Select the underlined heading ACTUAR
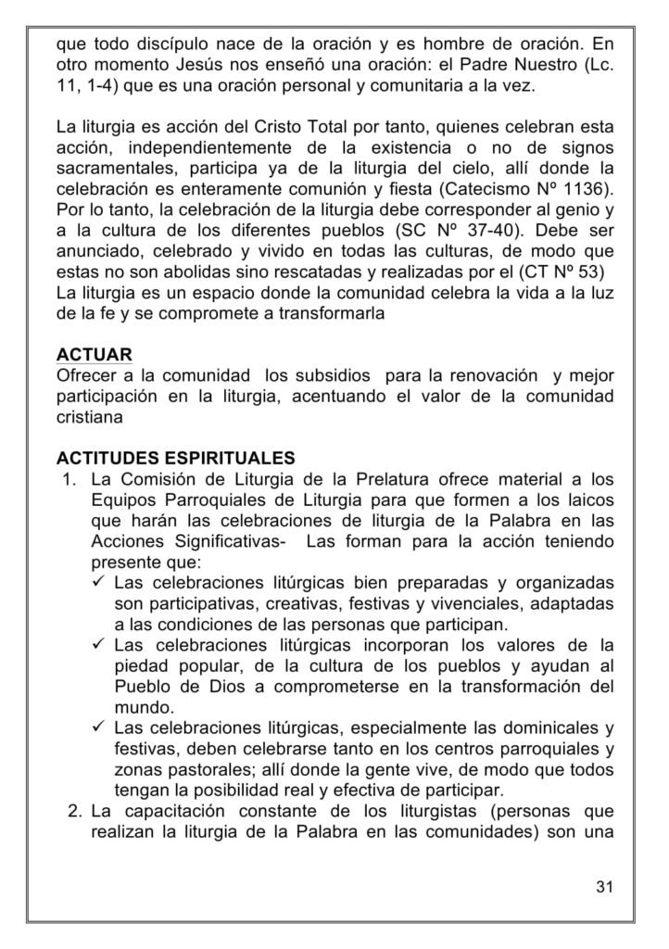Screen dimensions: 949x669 (x=94, y=356)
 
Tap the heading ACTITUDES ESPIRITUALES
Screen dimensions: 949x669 (x=176, y=458)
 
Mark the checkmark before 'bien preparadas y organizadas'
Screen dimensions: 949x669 (x=100, y=583)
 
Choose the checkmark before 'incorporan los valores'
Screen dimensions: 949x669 (x=100, y=644)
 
